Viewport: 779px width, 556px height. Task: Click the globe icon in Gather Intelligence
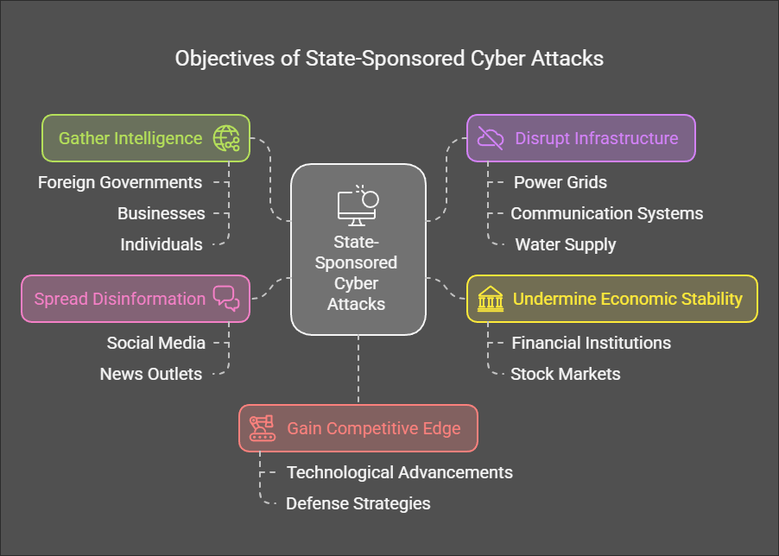(226, 138)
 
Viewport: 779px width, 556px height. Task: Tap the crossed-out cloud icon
(491, 138)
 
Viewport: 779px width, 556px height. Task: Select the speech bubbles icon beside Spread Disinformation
(226, 299)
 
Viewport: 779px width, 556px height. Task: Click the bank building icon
(491, 299)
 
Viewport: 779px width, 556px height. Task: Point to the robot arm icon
(262, 428)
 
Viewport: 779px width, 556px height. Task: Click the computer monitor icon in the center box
(357, 205)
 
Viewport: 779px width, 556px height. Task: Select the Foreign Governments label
(120, 182)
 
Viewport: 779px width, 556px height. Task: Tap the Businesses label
(161, 213)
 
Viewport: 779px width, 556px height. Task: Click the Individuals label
(161, 244)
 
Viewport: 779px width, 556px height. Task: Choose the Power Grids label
(560, 182)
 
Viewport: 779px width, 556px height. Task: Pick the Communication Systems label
(607, 213)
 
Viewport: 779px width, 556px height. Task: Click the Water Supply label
(566, 244)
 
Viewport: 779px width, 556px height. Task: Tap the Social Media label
(156, 343)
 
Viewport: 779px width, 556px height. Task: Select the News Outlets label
(151, 374)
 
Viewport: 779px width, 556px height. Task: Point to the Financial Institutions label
(592, 343)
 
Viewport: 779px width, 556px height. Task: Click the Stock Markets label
(566, 374)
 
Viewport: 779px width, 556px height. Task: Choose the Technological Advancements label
(400, 472)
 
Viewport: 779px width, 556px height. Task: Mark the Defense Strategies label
(358, 503)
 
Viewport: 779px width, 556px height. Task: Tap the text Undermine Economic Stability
(628, 299)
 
